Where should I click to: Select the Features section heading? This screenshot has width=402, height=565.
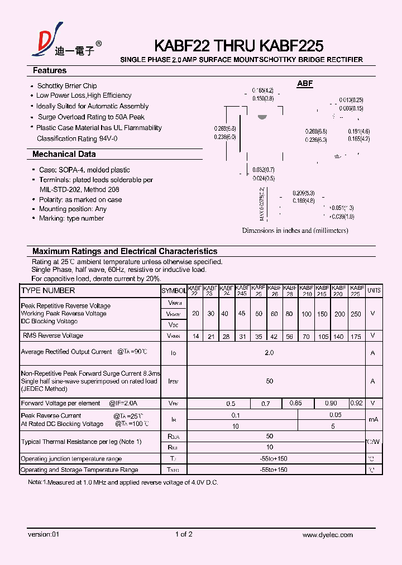pyautogui.click(x=50, y=71)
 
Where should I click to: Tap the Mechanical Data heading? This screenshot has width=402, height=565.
pyautogui.click(x=64, y=154)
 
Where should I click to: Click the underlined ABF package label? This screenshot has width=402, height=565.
pyautogui.click(x=305, y=84)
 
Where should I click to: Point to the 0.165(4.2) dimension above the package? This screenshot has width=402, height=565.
pyautogui.click(x=262, y=90)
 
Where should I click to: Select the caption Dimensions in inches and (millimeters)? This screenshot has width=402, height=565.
pyautogui.click(x=295, y=231)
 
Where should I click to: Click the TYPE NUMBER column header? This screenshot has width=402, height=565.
pyautogui.click(x=48, y=291)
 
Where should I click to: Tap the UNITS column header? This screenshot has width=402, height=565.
pyautogui.click(x=374, y=290)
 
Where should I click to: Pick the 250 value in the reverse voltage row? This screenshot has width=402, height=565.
pyautogui.click(x=356, y=314)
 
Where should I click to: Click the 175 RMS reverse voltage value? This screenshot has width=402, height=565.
pyautogui.click(x=356, y=337)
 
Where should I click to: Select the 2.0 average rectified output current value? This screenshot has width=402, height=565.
pyautogui.click(x=269, y=353)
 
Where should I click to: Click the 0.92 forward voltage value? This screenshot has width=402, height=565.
pyautogui.click(x=357, y=403)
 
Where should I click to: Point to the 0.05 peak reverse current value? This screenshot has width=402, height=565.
pyautogui.click(x=335, y=415)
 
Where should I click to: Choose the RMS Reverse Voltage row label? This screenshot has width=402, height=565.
pyautogui.click(x=53, y=336)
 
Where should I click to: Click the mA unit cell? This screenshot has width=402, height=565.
pyautogui.click(x=374, y=420)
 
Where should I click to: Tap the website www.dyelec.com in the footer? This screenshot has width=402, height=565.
pyautogui.click(x=327, y=535)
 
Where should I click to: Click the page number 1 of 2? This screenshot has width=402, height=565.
pyautogui.click(x=184, y=535)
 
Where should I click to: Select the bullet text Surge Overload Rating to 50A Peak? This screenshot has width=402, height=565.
pyautogui.click(x=91, y=117)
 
